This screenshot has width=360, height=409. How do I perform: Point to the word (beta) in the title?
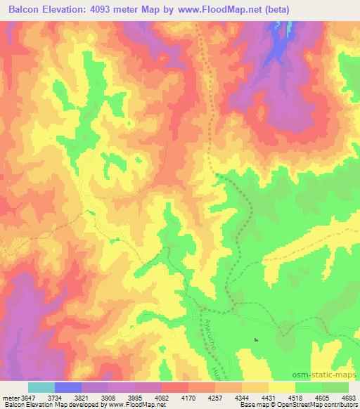point(274,10)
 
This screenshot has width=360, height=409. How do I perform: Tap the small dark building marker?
point(256,341)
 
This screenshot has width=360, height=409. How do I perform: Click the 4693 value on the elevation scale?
point(348,397)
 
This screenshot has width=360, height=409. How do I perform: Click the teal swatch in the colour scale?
point(41,387)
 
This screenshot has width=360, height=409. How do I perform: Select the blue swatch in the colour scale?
point(68,387)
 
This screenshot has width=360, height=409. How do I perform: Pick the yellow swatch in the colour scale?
point(281,387)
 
